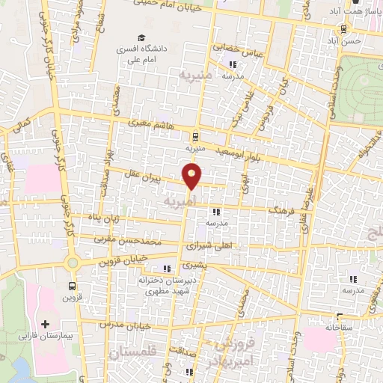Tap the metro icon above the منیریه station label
194,136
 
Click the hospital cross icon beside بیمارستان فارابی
46,325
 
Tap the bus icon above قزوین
72,285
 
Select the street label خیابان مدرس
131,325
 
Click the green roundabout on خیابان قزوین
73,263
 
